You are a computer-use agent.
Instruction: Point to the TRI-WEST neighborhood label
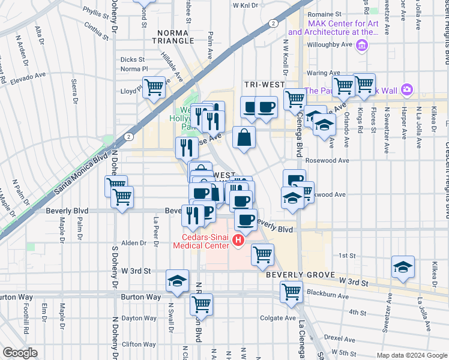(x=259, y=85)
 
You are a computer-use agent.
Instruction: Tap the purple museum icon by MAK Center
(x=361, y=45)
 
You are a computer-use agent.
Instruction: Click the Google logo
(x=19, y=353)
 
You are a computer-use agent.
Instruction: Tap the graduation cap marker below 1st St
(x=403, y=267)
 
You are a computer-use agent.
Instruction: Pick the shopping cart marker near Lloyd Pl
(x=154, y=88)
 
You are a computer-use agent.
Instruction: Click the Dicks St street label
(x=132, y=59)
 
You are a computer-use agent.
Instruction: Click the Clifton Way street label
(x=139, y=344)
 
